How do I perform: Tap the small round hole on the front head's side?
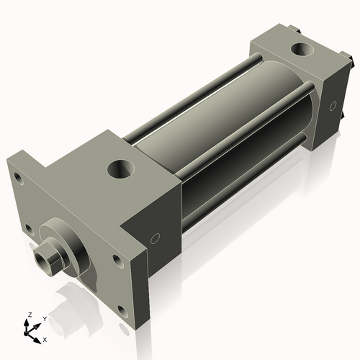155,238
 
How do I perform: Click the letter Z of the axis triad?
30,315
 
